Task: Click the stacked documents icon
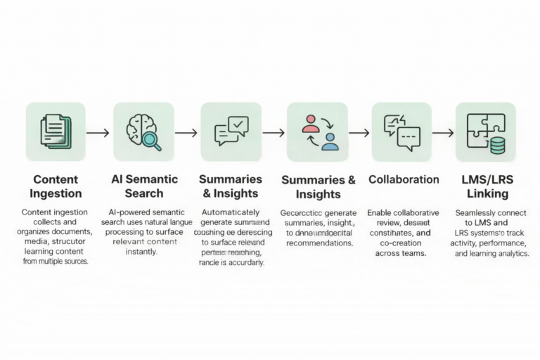(x=56, y=132)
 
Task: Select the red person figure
(x=309, y=124)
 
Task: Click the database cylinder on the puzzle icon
(x=497, y=145)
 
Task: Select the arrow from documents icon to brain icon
(x=98, y=132)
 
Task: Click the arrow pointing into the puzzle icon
(x=442, y=132)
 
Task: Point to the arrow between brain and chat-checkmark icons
(x=186, y=132)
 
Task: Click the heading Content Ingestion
(x=56, y=186)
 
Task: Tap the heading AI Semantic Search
(x=144, y=186)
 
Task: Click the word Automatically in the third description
(x=231, y=212)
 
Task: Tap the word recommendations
(x=319, y=243)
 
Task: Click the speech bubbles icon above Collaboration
(x=401, y=132)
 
